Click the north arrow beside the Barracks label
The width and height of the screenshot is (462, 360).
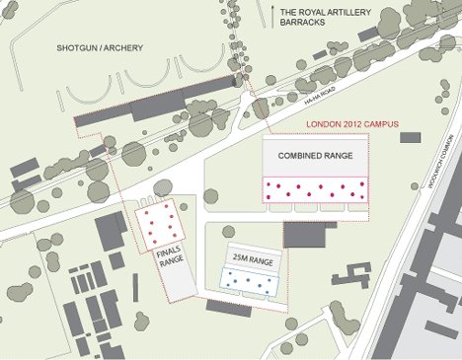pos(271,13)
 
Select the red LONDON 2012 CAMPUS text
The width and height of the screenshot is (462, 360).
pos(352,125)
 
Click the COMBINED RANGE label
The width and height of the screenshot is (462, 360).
pos(316,156)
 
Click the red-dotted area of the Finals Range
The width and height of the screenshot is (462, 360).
pos(160,225)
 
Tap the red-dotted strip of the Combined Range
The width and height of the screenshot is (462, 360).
pos(316,189)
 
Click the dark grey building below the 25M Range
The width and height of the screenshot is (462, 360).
pos(228,307)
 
